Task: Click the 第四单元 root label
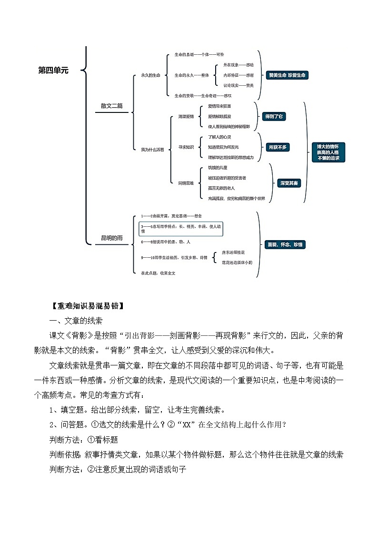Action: click(x=53, y=71)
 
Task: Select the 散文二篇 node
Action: click(x=111, y=106)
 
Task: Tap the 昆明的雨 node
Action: click(x=111, y=238)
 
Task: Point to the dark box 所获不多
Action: click(x=278, y=147)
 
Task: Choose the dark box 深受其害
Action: click(x=289, y=182)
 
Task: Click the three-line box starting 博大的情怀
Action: click(x=328, y=152)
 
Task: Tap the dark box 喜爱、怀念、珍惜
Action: click(x=286, y=244)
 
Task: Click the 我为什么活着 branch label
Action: click(x=152, y=150)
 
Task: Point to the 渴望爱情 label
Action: click(x=186, y=116)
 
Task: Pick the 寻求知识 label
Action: click(x=186, y=147)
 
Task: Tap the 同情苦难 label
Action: click(x=186, y=182)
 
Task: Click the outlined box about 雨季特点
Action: click(x=181, y=229)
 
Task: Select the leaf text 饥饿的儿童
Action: click(x=218, y=168)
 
